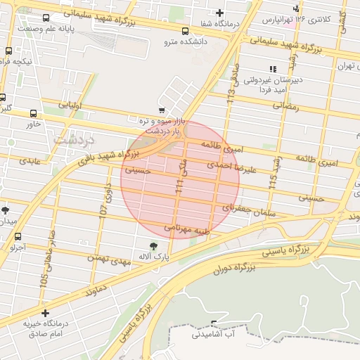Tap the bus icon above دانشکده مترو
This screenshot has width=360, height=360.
pyautogui.click(x=185, y=31)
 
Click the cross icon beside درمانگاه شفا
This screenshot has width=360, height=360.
pyautogui.click(x=220, y=13)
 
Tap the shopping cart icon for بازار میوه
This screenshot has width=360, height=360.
pyautogui.click(x=162, y=110)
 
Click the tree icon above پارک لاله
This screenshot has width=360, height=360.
pyautogui.click(x=153, y=246)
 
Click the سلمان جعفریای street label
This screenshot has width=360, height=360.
pyautogui.click(x=249, y=210)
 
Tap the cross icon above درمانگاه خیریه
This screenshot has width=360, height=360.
pyautogui.click(x=46, y=313)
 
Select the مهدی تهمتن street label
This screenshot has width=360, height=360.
pyautogui.click(x=109, y=259)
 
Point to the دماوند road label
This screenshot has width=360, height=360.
pyautogui.click(x=94, y=289)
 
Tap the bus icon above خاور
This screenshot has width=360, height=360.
pyautogui.click(x=33, y=113)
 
